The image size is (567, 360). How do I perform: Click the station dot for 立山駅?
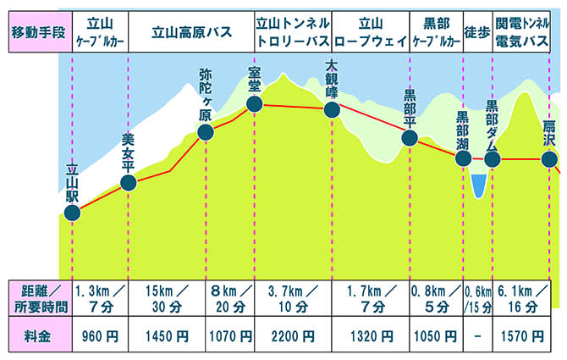(x=73, y=213)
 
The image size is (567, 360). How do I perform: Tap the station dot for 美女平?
(x=129, y=182)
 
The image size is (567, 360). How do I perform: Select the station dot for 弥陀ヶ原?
(x=206, y=132)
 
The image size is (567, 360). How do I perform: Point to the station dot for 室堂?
(x=254, y=104)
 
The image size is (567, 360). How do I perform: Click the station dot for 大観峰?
(x=332, y=109)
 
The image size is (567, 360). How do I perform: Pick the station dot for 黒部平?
(x=410, y=138)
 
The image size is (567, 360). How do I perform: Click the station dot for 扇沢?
(x=549, y=159)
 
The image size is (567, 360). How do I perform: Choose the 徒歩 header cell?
(x=476, y=34)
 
